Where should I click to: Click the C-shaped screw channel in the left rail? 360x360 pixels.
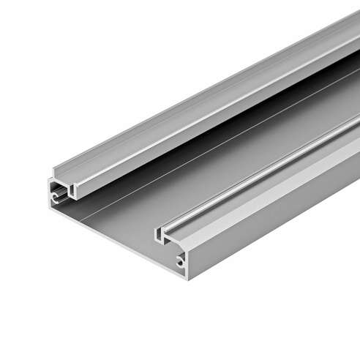(56, 197)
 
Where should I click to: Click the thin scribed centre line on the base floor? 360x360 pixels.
(220, 146)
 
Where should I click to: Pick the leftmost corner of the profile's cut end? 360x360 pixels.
(49, 179)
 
